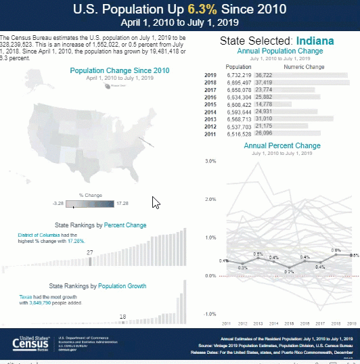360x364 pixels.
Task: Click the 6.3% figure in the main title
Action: click(192, 9)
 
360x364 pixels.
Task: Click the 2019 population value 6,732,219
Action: click(238, 75)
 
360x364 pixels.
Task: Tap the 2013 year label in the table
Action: click(210, 120)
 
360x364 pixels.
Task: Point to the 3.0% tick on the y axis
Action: click(210, 162)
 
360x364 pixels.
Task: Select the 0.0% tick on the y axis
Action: click(210, 276)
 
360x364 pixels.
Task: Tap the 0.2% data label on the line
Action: click(289, 271)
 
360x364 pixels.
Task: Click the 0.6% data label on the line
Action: click(336, 250)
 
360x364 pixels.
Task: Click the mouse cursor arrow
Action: click(156, 202)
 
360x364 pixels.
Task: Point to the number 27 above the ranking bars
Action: click(90, 252)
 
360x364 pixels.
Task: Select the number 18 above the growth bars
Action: click(122, 316)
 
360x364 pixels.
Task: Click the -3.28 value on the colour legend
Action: click(58, 202)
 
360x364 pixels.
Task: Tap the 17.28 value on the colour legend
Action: click(122, 202)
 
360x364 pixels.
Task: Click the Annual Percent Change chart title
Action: click(282, 145)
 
